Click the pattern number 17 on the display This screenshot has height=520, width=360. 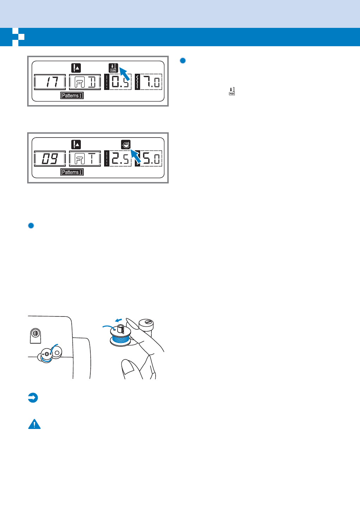[50, 82]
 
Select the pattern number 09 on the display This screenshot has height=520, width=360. [50, 159]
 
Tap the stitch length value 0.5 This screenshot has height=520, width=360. [120, 82]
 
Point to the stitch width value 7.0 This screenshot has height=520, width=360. [151, 82]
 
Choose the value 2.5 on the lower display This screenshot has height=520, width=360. [120, 159]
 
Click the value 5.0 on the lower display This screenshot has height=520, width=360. [151, 159]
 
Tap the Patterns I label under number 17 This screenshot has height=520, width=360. [72, 96]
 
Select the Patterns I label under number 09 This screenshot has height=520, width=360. [72, 172]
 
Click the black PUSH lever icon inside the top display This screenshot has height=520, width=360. [113, 68]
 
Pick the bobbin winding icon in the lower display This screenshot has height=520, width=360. [126, 144]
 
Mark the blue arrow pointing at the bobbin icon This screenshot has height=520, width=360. [136, 156]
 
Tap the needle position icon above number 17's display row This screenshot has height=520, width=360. [76, 68]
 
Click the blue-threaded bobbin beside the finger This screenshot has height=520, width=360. [120, 337]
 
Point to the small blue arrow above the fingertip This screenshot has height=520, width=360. [119, 320]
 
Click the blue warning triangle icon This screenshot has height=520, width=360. [34, 424]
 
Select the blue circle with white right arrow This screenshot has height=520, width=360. [33, 398]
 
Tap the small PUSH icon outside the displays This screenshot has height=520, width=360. [232, 91]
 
